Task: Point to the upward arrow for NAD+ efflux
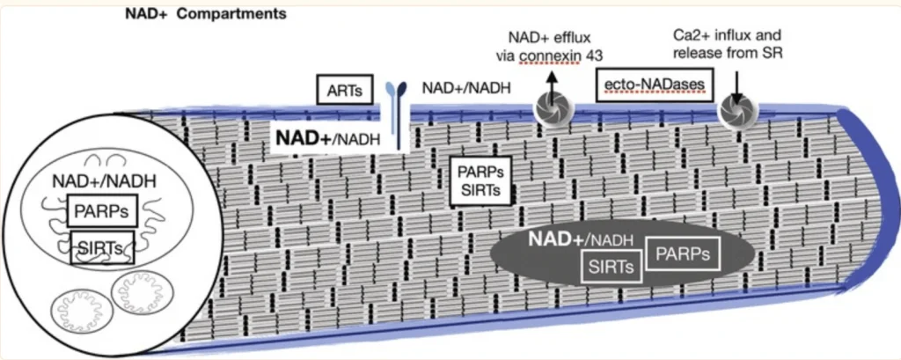[x=553, y=81]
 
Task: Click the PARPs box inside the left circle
[x=98, y=213]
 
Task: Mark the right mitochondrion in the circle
[x=137, y=293]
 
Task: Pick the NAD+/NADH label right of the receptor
[x=458, y=88]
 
